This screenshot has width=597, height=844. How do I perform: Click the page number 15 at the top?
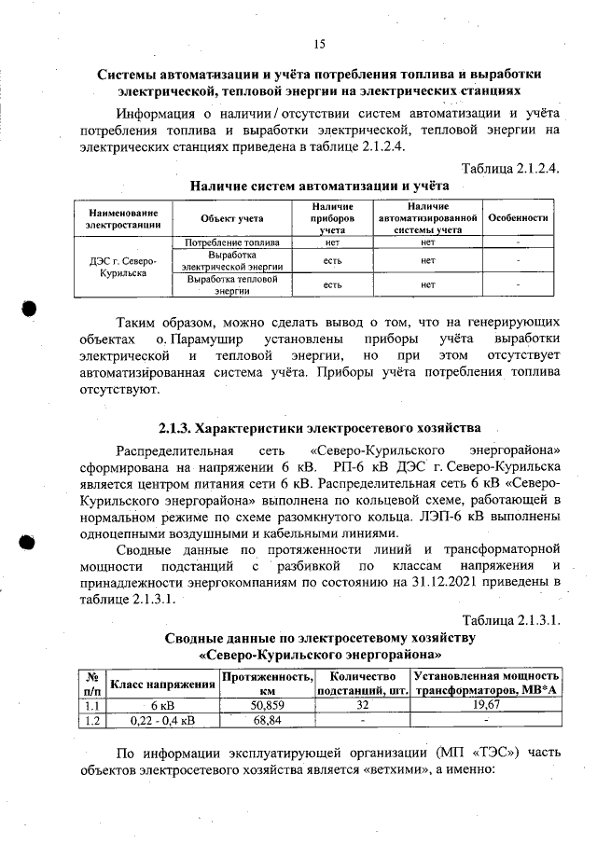318,44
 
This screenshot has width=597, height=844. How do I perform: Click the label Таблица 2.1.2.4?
511,168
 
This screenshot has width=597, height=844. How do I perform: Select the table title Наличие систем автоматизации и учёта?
319,186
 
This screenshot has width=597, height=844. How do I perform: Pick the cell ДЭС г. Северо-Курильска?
123,268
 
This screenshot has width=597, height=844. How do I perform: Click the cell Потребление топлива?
231,242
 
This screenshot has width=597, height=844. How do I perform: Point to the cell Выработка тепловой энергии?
231,284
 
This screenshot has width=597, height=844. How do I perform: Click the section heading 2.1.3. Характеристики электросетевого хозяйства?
319,429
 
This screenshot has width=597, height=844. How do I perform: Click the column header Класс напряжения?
162,685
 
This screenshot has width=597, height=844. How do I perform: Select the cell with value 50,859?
267,707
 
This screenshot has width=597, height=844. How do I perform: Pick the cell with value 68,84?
267,720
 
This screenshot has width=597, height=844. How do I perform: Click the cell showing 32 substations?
363,707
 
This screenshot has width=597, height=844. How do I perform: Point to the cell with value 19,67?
486,707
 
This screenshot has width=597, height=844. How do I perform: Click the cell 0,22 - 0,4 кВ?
162,720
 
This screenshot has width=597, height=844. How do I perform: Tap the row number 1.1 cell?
92,707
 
